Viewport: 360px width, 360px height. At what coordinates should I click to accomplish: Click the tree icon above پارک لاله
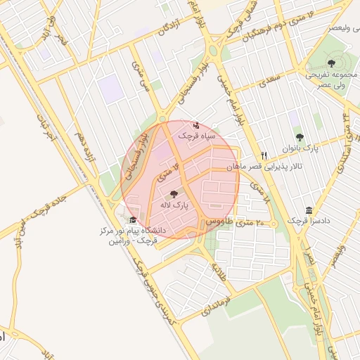(x=174, y=193)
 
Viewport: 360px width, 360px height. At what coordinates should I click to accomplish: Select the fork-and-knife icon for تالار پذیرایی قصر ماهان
(x=264, y=155)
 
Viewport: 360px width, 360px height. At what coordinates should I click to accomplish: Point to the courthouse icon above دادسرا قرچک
(x=309, y=211)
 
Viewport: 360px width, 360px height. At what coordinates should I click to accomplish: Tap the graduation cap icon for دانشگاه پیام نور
(x=132, y=220)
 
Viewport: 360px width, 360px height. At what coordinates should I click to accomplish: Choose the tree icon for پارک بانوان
(x=300, y=138)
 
